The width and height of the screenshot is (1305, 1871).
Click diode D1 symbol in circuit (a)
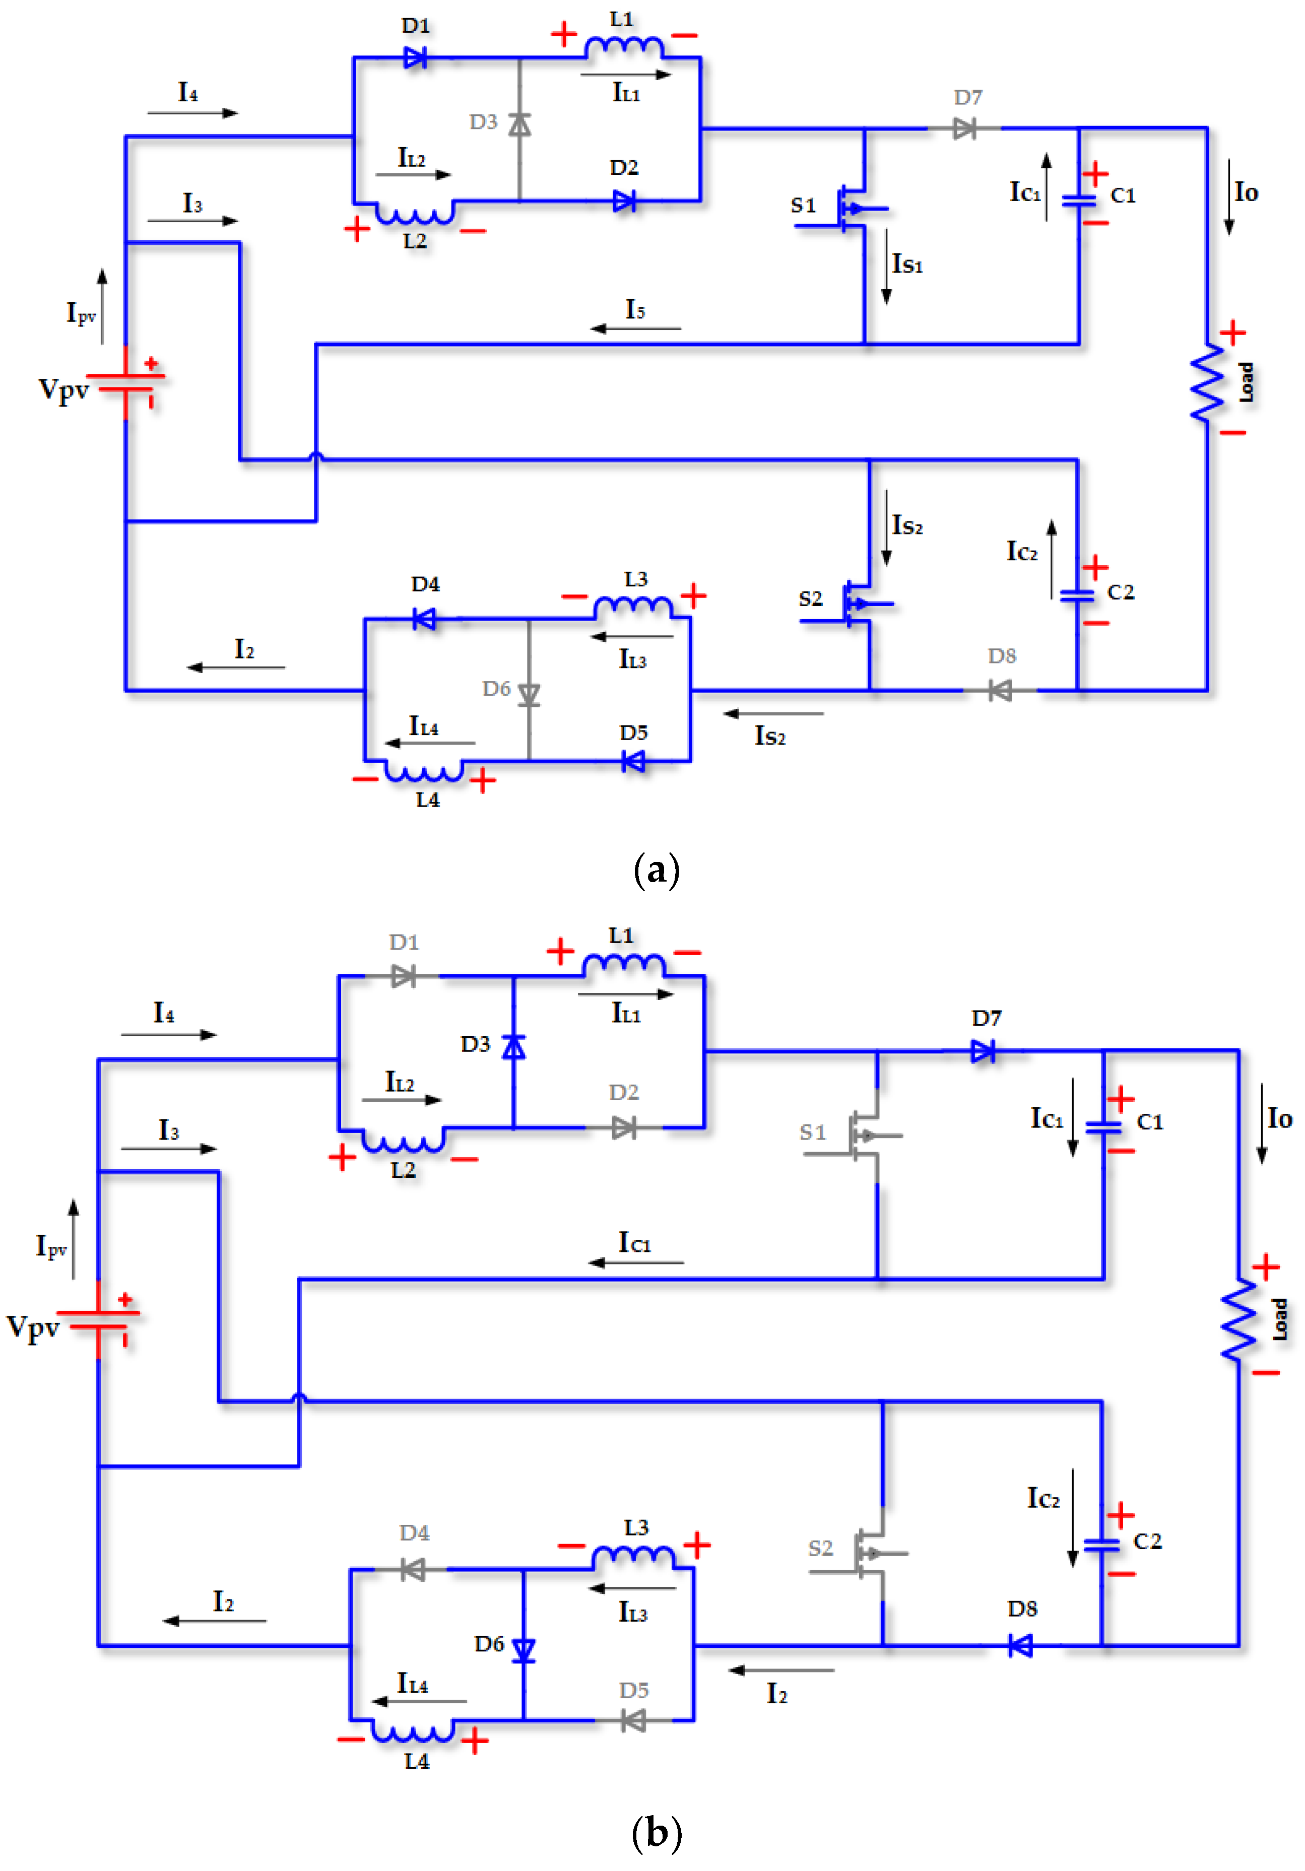(x=415, y=58)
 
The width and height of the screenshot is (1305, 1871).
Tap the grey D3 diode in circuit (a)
(x=519, y=124)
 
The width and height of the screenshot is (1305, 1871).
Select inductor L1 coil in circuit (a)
(x=624, y=47)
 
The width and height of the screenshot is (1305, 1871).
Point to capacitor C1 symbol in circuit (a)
(x=1079, y=199)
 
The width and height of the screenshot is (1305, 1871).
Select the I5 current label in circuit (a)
(x=635, y=310)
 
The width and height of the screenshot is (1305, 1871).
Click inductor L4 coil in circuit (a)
(x=424, y=771)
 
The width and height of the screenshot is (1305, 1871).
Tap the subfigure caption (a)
(x=656, y=871)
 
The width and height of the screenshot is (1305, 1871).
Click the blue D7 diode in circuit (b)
(x=983, y=1051)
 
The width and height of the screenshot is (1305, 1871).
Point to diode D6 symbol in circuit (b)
(x=524, y=1650)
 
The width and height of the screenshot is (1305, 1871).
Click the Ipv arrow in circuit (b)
(x=74, y=1239)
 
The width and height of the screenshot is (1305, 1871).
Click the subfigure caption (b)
(x=656, y=1834)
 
